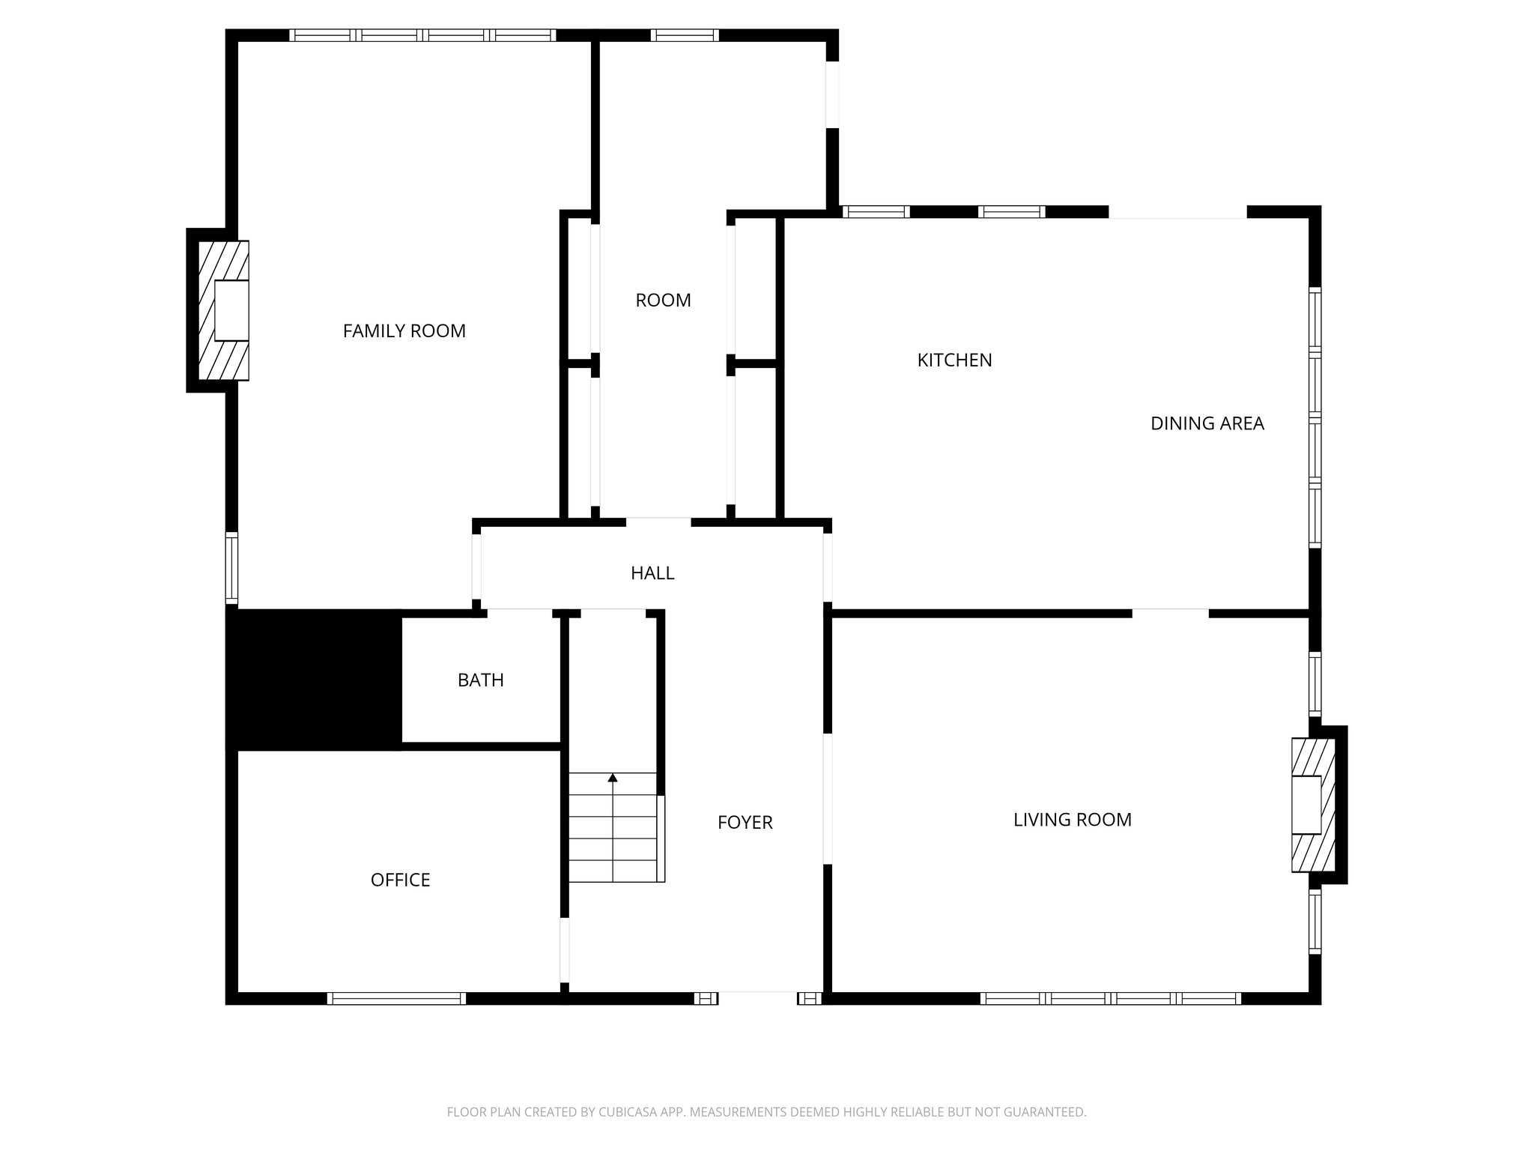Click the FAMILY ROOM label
(x=404, y=330)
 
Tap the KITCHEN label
(x=954, y=360)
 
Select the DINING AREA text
(x=1207, y=423)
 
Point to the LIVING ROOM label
(x=1072, y=820)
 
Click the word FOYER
(x=745, y=823)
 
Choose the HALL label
(x=652, y=573)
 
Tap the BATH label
(x=480, y=680)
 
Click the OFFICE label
(x=400, y=880)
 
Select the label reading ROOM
(x=663, y=300)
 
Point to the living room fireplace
(x=1312, y=805)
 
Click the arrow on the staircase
(x=613, y=779)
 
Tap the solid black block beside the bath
(x=314, y=679)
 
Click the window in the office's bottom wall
(x=396, y=998)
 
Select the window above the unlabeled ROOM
(x=684, y=35)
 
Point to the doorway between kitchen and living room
(x=1170, y=613)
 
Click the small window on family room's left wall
(x=232, y=568)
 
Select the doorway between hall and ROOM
(x=658, y=522)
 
